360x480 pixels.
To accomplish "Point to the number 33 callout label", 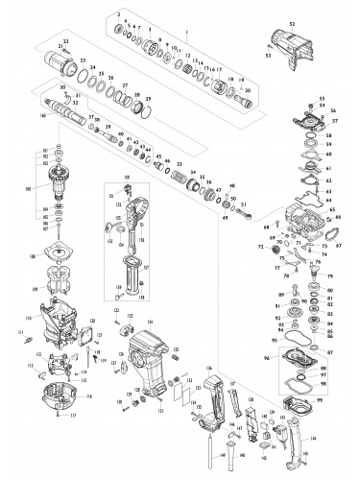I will click(179, 166).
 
